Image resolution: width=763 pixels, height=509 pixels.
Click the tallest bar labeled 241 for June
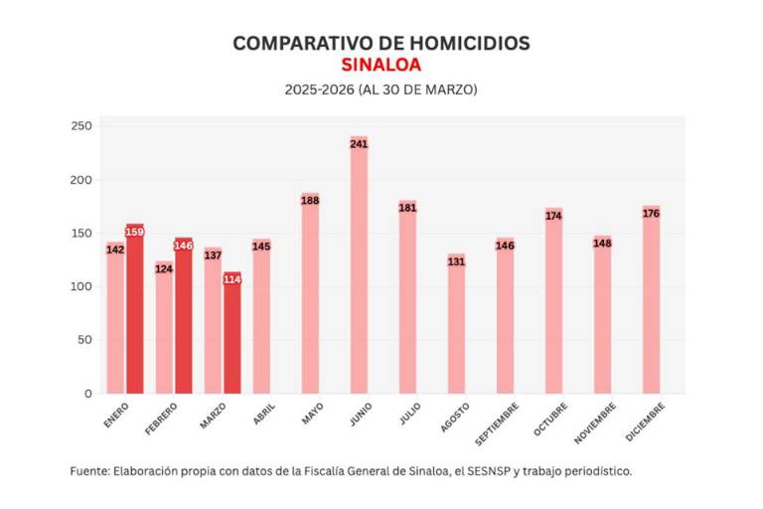[359, 268]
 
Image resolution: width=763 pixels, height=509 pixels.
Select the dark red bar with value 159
[135, 308]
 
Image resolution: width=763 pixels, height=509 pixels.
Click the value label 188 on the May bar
[310, 201]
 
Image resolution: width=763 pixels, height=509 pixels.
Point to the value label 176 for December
[651, 214]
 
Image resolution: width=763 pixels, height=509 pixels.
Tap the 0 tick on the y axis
[87, 394]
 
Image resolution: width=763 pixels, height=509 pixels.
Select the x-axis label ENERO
[116, 416]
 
